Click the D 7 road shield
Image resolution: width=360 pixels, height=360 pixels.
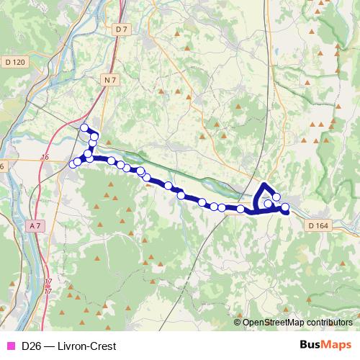(x=120, y=29)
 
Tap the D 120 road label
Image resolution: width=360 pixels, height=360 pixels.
(x=14, y=63)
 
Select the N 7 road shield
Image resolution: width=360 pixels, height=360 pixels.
(x=110, y=80)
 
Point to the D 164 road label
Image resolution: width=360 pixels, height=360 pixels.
(x=318, y=225)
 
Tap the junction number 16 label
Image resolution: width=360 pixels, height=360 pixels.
(x=45, y=157)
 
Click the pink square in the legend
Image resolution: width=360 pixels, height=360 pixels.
(x=10, y=346)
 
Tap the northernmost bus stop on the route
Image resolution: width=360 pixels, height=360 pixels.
(x=84, y=128)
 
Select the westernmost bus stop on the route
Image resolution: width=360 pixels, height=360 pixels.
(x=73, y=165)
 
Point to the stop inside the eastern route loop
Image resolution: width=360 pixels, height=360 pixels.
(x=268, y=204)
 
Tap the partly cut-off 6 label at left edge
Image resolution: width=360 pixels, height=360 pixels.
(x=2, y=166)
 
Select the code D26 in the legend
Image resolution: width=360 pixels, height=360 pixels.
(x=30, y=346)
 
